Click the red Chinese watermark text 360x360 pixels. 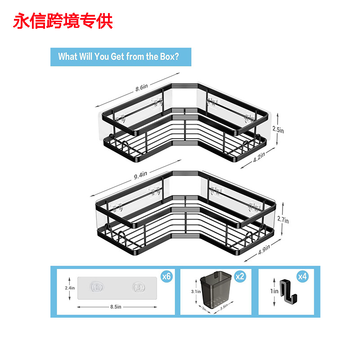point(63,21)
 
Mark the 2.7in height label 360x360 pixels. point(283,220)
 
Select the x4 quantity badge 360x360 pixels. point(302,277)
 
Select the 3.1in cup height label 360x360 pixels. point(195,292)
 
